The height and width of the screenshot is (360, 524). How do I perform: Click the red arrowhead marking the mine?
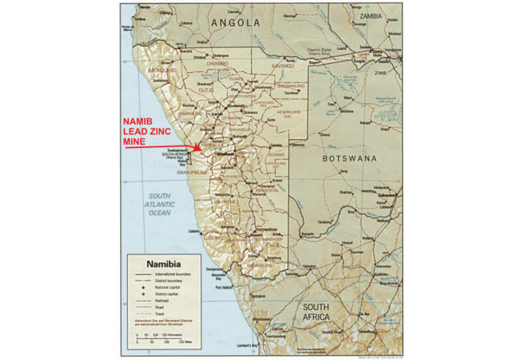[198, 147]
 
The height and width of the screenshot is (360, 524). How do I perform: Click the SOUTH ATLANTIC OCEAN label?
[160, 204]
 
